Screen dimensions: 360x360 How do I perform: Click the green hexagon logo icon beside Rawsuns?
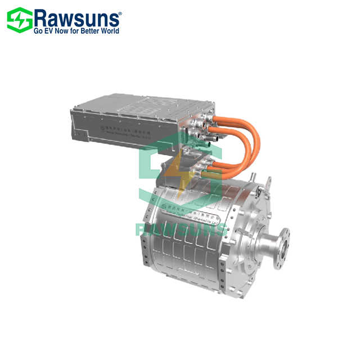[x=19, y=20]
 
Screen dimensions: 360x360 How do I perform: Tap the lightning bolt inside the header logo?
[x=19, y=20]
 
